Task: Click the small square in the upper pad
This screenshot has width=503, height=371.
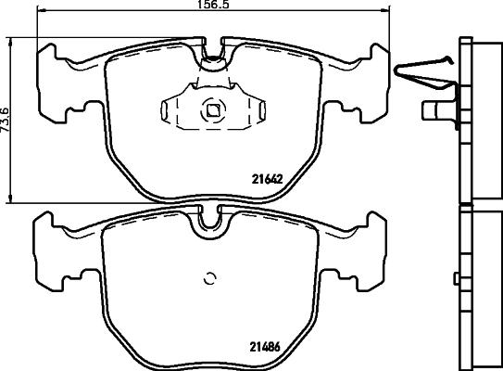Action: tap(212, 110)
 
